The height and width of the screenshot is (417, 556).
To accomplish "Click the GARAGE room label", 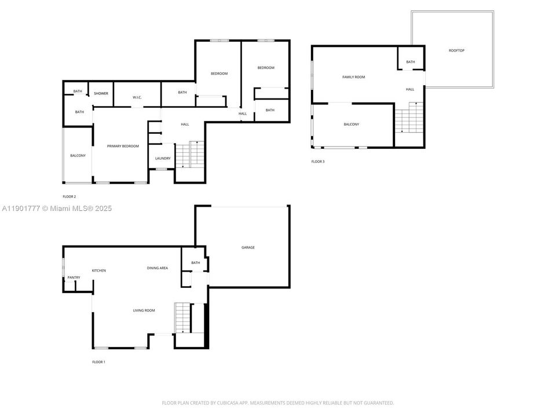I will click(x=248, y=247).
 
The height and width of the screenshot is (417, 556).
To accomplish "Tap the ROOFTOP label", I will click(x=456, y=50).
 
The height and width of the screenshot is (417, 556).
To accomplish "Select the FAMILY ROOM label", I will click(x=353, y=77).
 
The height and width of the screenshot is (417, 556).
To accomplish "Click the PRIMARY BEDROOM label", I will click(x=123, y=146).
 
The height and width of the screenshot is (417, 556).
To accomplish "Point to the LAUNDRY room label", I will click(x=162, y=158).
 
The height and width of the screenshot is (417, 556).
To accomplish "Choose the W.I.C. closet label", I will click(x=137, y=97).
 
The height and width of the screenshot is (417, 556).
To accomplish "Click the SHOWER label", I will click(x=101, y=93).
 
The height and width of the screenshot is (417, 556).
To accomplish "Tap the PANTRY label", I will click(x=74, y=277).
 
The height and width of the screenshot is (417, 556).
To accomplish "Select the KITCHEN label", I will click(x=98, y=270).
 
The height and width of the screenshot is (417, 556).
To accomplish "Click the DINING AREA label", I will click(x=157, y=268).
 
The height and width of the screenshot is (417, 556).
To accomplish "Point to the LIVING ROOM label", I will click(x=144, y=310).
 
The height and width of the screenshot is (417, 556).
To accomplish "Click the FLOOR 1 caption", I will click(x=98, y=362).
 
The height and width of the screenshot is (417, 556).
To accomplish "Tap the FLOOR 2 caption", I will click(x=69, y=196).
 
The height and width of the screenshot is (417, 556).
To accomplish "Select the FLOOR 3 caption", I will click(x=318, y=162).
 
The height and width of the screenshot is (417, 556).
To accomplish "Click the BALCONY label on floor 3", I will click(x=351, y=125).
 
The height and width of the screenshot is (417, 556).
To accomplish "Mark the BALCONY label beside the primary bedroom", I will click(x=78, y=155).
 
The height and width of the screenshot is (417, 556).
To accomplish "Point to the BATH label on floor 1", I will click(x=195, y=262).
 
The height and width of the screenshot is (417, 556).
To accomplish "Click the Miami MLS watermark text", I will click(x=57, y=209).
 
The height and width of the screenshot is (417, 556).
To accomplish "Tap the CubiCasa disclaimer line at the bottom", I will click(x=277, y=403).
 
